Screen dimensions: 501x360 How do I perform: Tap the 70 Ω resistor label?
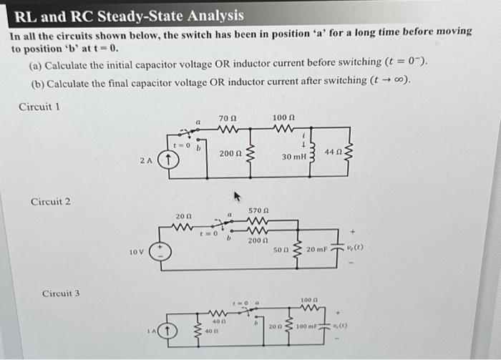pyautogui.click(x=228, y=117)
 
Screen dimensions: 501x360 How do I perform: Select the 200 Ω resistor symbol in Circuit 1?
pyautogui.click(x=250, y=153)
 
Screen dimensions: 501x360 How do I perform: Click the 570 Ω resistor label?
pyautogui.click(x=258, y=211)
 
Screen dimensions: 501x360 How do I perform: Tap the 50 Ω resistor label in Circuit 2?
pyautogui.click(x=282, y=250)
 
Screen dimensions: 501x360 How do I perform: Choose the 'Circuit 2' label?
pyautogui.click(x=50, y=202)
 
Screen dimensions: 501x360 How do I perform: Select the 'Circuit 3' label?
pyautogui.click(x=61, y=293)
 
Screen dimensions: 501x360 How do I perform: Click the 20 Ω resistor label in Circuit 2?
pyautogui.click(x=183, y=216)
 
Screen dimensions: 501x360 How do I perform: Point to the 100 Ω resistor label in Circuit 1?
pyautogui.click(x=283, y=117)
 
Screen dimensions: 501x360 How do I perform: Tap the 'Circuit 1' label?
pyautogui.click(x=39, y=107)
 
